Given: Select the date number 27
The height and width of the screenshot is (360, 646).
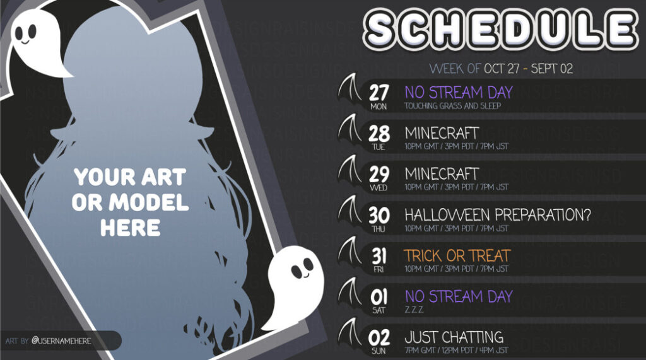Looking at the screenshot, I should point(379,93).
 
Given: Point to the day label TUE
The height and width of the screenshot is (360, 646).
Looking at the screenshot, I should point(379,147).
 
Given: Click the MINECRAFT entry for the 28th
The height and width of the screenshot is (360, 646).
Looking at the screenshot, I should point(442,133).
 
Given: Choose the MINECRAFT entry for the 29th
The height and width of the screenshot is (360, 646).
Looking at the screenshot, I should point(442,173).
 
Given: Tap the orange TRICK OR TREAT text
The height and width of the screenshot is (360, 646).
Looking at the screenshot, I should point(457,255).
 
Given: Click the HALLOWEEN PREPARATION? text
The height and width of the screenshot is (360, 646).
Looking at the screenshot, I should point(498,214).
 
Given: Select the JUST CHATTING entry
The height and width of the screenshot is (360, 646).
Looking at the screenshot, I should point(454,337).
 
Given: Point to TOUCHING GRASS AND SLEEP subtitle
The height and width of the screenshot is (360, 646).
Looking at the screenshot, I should point(452,106).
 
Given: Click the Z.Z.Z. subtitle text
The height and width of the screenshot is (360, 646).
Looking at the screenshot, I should point(414,310).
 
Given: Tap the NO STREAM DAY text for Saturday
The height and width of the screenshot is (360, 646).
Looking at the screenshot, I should point(458,296).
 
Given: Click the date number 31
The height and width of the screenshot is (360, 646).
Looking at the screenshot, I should point(379,255).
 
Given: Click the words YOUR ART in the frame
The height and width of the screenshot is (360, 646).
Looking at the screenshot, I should point(129,178).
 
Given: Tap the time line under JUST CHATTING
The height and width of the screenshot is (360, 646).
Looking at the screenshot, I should point(456,351).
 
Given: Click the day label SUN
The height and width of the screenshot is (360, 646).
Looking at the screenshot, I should point(379,351).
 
